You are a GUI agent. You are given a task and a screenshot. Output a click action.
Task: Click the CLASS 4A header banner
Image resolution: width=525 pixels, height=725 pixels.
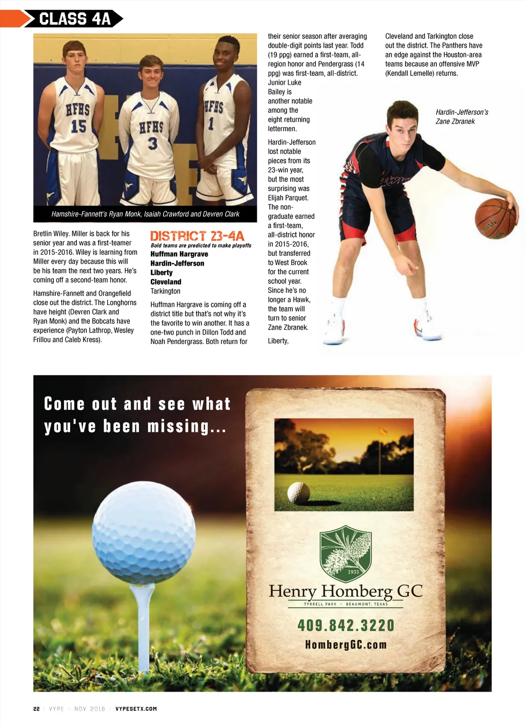coord(75,19)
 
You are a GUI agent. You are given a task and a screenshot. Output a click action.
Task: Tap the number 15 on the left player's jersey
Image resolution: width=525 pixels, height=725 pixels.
coord(78,126)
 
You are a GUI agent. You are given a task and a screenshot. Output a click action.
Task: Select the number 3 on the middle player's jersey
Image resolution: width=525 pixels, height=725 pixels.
coord(152,144)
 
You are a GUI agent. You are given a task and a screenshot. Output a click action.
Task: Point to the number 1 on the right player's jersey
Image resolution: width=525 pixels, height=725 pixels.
coord(211,124)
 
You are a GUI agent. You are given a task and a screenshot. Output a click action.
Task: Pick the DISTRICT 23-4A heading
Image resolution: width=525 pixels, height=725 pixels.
coord(197,236)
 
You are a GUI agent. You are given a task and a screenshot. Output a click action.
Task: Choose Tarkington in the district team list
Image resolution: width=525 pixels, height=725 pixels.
coord(165,291)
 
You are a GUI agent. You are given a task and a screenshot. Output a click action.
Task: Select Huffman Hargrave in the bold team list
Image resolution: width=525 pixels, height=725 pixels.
coord(179,254)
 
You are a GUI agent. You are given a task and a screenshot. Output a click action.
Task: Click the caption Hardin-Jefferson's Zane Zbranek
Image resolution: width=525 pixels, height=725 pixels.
coord(461,117)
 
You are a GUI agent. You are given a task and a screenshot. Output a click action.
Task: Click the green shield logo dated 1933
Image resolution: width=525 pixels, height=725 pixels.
coord(345,553)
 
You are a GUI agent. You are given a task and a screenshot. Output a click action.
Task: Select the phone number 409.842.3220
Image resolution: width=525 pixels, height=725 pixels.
coord(346,626)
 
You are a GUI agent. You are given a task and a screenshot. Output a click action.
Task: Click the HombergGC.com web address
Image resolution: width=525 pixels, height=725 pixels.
coord(346,645)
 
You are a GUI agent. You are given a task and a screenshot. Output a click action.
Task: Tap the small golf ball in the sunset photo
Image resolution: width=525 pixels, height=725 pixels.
coord(298,493)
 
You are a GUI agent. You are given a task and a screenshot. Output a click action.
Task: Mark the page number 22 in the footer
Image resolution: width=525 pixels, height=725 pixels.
coord(36,709)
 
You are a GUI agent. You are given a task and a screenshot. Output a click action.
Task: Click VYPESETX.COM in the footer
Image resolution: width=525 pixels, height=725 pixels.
coord(136,709)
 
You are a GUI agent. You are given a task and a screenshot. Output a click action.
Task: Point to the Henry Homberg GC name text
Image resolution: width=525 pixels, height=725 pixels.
coord(346,591)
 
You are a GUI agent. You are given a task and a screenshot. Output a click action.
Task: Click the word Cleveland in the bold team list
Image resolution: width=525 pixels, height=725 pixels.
coord(166,282)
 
